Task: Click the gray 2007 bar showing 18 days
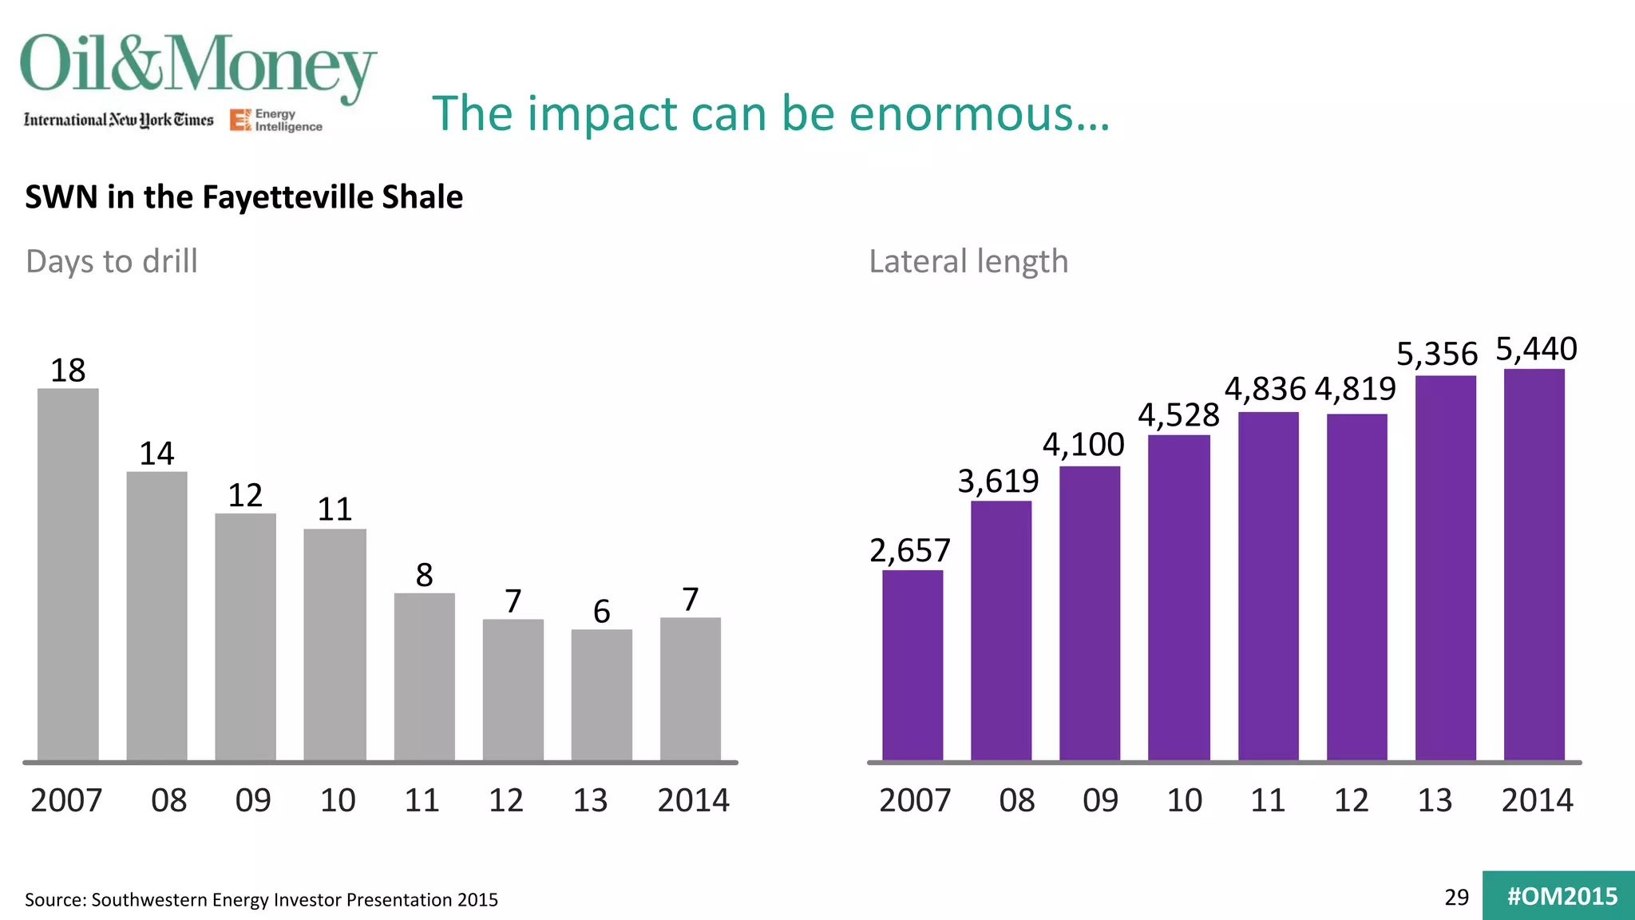(68, 575)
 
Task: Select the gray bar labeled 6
(601, 695)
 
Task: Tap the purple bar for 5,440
(1534, 564)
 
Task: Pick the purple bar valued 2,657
(913, 664)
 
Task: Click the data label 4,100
(1083, 445)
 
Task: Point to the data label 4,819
(1355, 390)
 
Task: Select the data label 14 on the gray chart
(156, 454)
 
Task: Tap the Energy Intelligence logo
(276, 121)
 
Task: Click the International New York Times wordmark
(119, 120)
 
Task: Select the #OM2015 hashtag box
(1560, 896)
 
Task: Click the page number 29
(1456, 898)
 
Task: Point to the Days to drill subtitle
(112, 262)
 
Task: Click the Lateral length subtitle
(968, 262)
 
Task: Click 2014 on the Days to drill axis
(693, 800)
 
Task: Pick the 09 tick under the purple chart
(1100, 800)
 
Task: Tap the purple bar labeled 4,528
(1178, 597)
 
